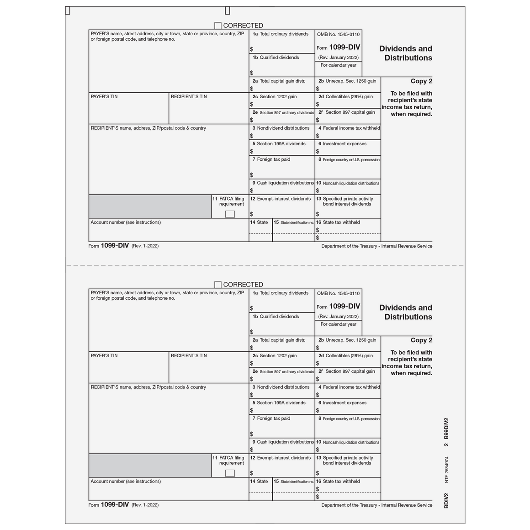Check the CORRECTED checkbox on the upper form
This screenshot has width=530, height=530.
[x=218, y=26]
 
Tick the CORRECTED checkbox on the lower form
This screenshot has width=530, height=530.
[x=218, y=285]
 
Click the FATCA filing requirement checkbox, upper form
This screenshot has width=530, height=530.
[x=230, y=214]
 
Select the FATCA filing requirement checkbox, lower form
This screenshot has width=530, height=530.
[x=230, y=473]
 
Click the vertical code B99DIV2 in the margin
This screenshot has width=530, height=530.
[x=446, y=429]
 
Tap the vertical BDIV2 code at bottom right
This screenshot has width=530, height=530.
[x=446, y=501]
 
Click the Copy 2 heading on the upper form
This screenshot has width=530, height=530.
[x=421, y=81]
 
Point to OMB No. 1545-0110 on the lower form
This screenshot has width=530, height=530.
[x=338, y=293]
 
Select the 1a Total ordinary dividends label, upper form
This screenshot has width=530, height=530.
[x=281, y=34]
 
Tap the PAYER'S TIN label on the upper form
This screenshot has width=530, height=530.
[x=104, y=97]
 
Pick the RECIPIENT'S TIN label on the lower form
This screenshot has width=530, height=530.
[x=189, y=356]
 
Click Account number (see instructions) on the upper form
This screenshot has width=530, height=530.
[x=126, y=223]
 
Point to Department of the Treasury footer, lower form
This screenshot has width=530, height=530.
[x=376, y=505]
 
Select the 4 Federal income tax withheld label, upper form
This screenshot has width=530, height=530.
[x=349, y=128]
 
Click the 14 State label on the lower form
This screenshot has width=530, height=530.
[x=259, y=482]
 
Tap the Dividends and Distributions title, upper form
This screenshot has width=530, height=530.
[x=405, y=53]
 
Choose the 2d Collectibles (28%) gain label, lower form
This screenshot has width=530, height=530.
[x=345, y=356]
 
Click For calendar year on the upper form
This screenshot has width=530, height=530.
[x=338, y=65]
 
